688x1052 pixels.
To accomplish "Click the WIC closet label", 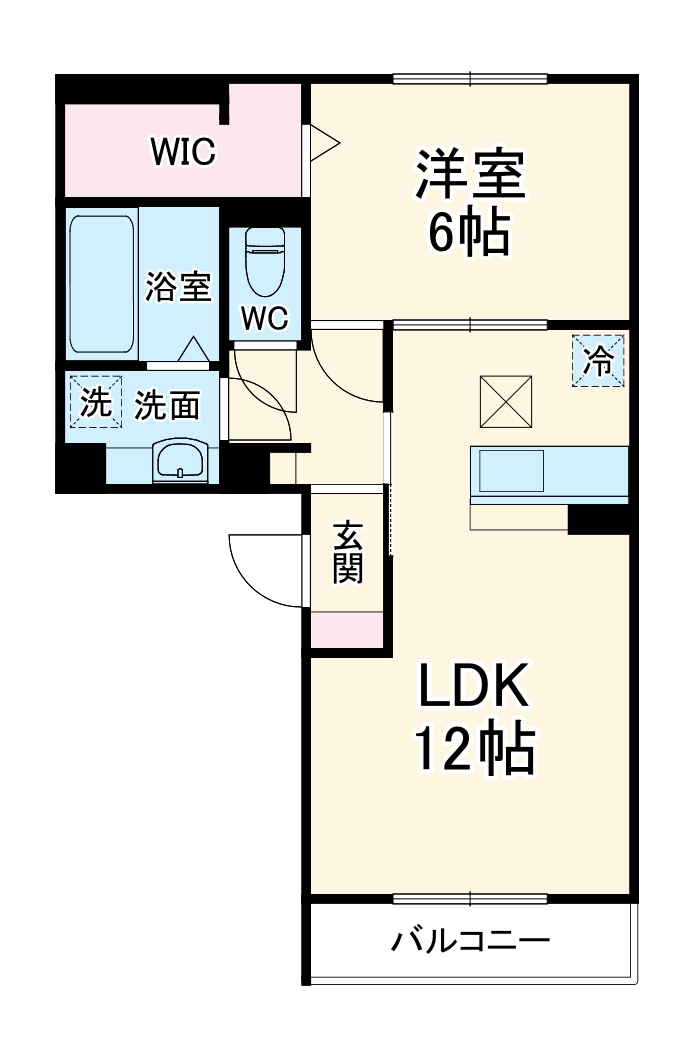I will [x=183, y=153].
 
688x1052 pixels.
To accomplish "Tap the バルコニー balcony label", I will [x=470, y=942].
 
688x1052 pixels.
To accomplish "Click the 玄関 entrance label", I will [x=348, y=553].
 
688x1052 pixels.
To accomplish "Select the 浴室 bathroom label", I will [x=178, y=287].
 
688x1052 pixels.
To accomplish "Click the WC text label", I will [x=265, y=319].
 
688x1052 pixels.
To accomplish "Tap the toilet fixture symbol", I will [x=265, y=258].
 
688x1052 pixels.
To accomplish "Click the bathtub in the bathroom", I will [x=102, y=283].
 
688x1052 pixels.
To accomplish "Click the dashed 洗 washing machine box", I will [x=95, y=402].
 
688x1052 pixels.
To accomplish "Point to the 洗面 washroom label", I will [x=167, y=406].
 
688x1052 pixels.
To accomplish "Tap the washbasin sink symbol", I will [x=180, y=462].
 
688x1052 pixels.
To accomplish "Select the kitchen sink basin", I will [x=510, y=470].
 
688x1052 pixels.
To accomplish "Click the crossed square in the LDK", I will [x=506, y=400].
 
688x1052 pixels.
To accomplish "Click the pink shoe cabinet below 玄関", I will [x=348, y=629].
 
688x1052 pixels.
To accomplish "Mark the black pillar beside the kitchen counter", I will [x=598, y=519].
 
